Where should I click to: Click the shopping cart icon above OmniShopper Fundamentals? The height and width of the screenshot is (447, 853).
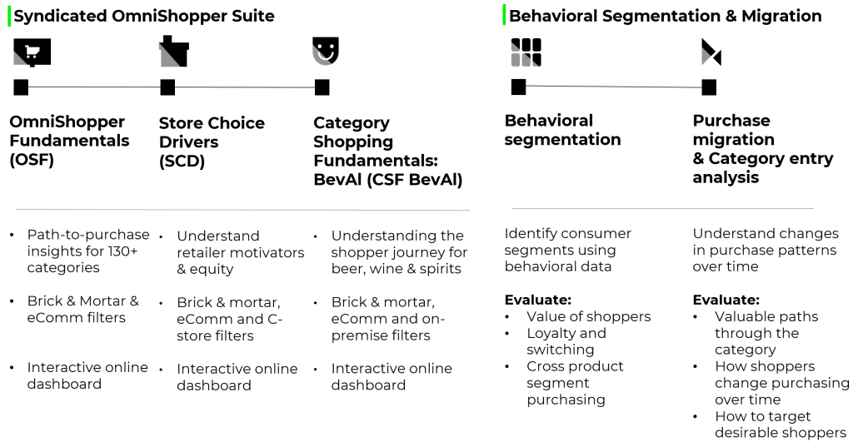coord(32,52)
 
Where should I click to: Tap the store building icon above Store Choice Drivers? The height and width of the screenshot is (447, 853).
coord(174,52)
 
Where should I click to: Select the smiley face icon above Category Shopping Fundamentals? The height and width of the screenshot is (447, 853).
coord(326,51)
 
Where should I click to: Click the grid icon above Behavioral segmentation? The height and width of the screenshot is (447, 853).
coord(526,52)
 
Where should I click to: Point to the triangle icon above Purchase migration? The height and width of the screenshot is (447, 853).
coord(711,52)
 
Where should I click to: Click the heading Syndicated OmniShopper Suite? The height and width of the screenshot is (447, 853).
coord(144,16)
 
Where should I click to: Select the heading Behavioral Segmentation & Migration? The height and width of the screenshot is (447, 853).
coord(666,16)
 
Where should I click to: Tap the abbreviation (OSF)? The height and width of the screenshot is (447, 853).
coord(32,160)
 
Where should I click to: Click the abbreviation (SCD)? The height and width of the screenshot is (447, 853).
coord(182,161)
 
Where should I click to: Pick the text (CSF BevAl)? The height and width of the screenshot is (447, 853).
coord(415,180)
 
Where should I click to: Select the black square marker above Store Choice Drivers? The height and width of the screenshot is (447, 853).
coord(167,87)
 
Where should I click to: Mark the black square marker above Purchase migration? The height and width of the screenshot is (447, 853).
coord(709,87)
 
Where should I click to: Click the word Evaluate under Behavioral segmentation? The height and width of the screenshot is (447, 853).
coord(538,300)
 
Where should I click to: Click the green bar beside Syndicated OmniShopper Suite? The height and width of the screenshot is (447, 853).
coord(9,16)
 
